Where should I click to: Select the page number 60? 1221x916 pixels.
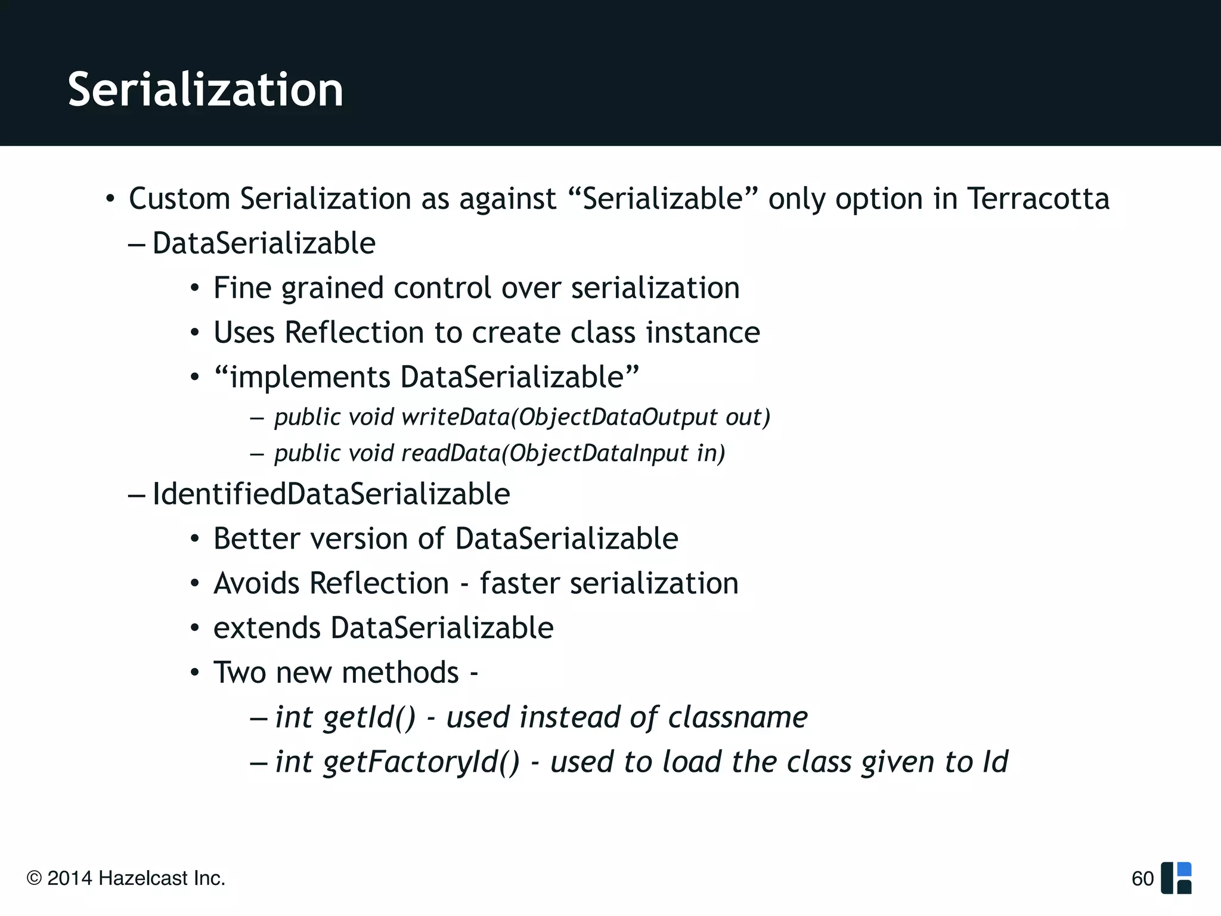[1142, 878]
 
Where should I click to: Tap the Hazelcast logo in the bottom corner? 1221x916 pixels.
[1176, 878]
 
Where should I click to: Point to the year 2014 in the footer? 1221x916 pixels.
[69, 878]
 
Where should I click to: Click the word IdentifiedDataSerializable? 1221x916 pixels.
[331, 494]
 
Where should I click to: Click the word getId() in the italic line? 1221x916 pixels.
[369, 717]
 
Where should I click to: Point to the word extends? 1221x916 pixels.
[266, 628]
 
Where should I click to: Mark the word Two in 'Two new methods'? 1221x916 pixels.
[239, 673]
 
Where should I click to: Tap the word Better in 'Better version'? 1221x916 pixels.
[257, 539]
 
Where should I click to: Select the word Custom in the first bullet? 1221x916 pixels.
[179, 199]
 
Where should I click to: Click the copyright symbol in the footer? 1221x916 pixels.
[34, 878]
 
